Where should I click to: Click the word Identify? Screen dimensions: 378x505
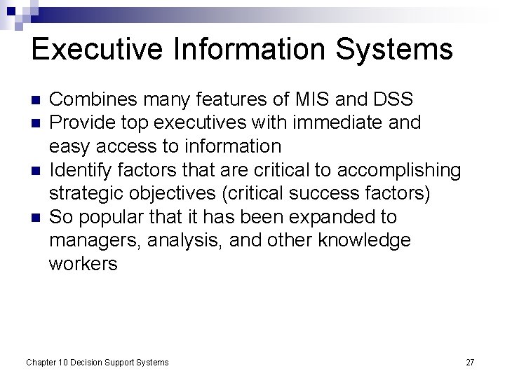(79, 169)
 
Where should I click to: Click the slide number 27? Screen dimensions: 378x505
(470, 362)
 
